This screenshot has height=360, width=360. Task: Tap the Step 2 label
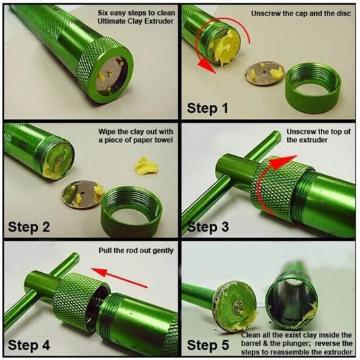[28, 227]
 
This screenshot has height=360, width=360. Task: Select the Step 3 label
[211, 227]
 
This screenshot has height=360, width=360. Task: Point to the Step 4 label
[28, 345]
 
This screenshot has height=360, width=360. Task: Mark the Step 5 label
[211, 345]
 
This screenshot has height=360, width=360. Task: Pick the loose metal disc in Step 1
[265, 73]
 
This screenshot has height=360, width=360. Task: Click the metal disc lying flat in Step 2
[79, 194]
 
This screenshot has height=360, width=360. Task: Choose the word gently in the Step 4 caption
[159, 251]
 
